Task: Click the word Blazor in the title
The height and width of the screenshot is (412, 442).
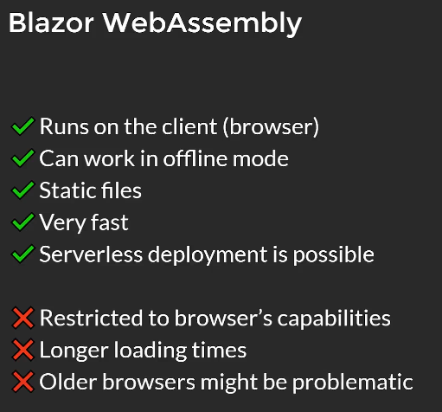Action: pyautogui.click(x=51, y=23)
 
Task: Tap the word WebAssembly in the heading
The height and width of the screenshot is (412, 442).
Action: pyautogui.click(x=202, y=24)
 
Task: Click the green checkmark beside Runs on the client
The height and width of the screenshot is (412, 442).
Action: pyautogui.click(x=23, y=126)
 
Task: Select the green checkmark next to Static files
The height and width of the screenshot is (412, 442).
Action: pyautogui.click(x=23, y=190)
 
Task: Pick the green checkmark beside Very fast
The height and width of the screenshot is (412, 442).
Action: pyautogui.click(x=23, y=222)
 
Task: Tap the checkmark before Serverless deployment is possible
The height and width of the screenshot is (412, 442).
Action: pyautogui.click(x=23, y=254)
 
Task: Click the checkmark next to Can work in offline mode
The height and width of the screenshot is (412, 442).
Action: pyautogui.click(x=23, y=158)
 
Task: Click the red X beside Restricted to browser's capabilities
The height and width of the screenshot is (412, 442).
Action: pyautogui.click(x=23, y=318)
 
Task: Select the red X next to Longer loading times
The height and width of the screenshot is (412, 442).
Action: pyautogui.click(x=23, y=350)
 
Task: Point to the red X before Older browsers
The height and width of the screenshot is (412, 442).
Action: pyautogui.click(x=23, y=382)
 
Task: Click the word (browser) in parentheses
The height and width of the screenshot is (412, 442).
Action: pyautogui.click(x=271, y=126)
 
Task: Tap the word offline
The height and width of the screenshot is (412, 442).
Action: pyautogui.click(x=195, y=158)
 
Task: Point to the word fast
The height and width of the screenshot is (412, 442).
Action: pyautogui.click(x=110, y=222)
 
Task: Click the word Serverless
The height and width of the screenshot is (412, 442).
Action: pyautogui.click(x=91, y=254)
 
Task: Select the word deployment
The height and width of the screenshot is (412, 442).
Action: pyautogui.click(x=208, y=255)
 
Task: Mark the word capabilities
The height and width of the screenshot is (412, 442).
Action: pyautogui.click(x=334, y=319)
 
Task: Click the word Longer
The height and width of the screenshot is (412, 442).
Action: pyautogui.click(x=74, y=351)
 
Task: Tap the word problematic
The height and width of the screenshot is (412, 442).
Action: pyautogui.click(x=353, y=383)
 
